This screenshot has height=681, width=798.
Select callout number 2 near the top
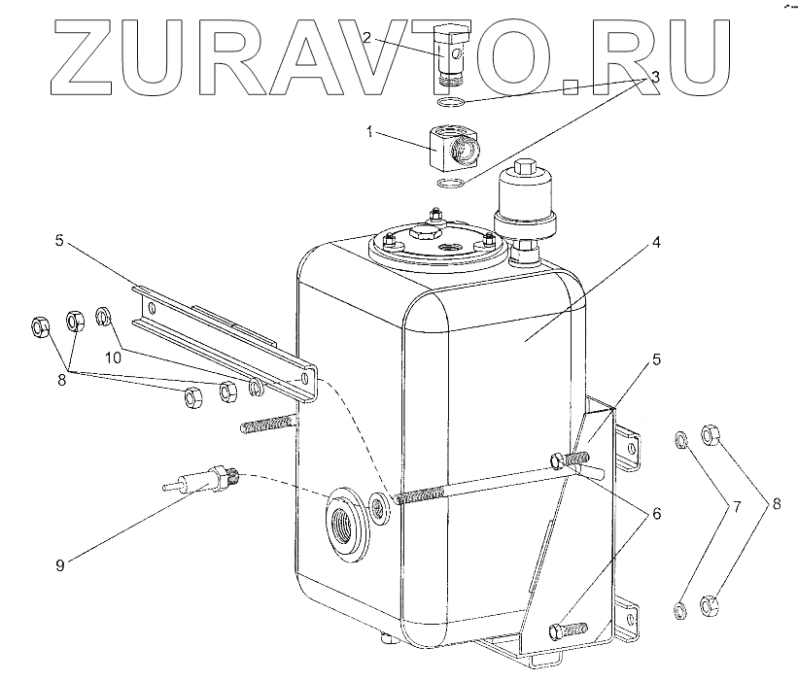(x=367, y=38)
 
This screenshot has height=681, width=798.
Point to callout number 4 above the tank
(x=657, y=242)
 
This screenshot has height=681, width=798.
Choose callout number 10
(x=115, y=357)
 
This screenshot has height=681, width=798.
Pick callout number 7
(x=737, y=506)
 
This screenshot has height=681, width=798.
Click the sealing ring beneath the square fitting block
(x=450, y=186)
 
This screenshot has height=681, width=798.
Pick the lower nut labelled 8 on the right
(x=709, y=604)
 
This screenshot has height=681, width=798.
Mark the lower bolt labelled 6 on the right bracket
(x=568, y=630)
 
